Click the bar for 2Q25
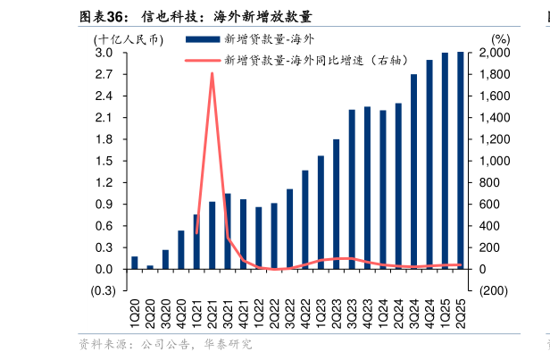[460, 161]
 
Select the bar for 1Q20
[135, 263]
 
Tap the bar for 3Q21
[228, 231]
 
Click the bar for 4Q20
[181, 250]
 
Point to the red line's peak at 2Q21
[212, 73]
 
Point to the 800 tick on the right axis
[501, 183]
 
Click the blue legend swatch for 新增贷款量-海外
[201, 39]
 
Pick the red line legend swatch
[201, 61]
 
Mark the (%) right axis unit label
[500, 39]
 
